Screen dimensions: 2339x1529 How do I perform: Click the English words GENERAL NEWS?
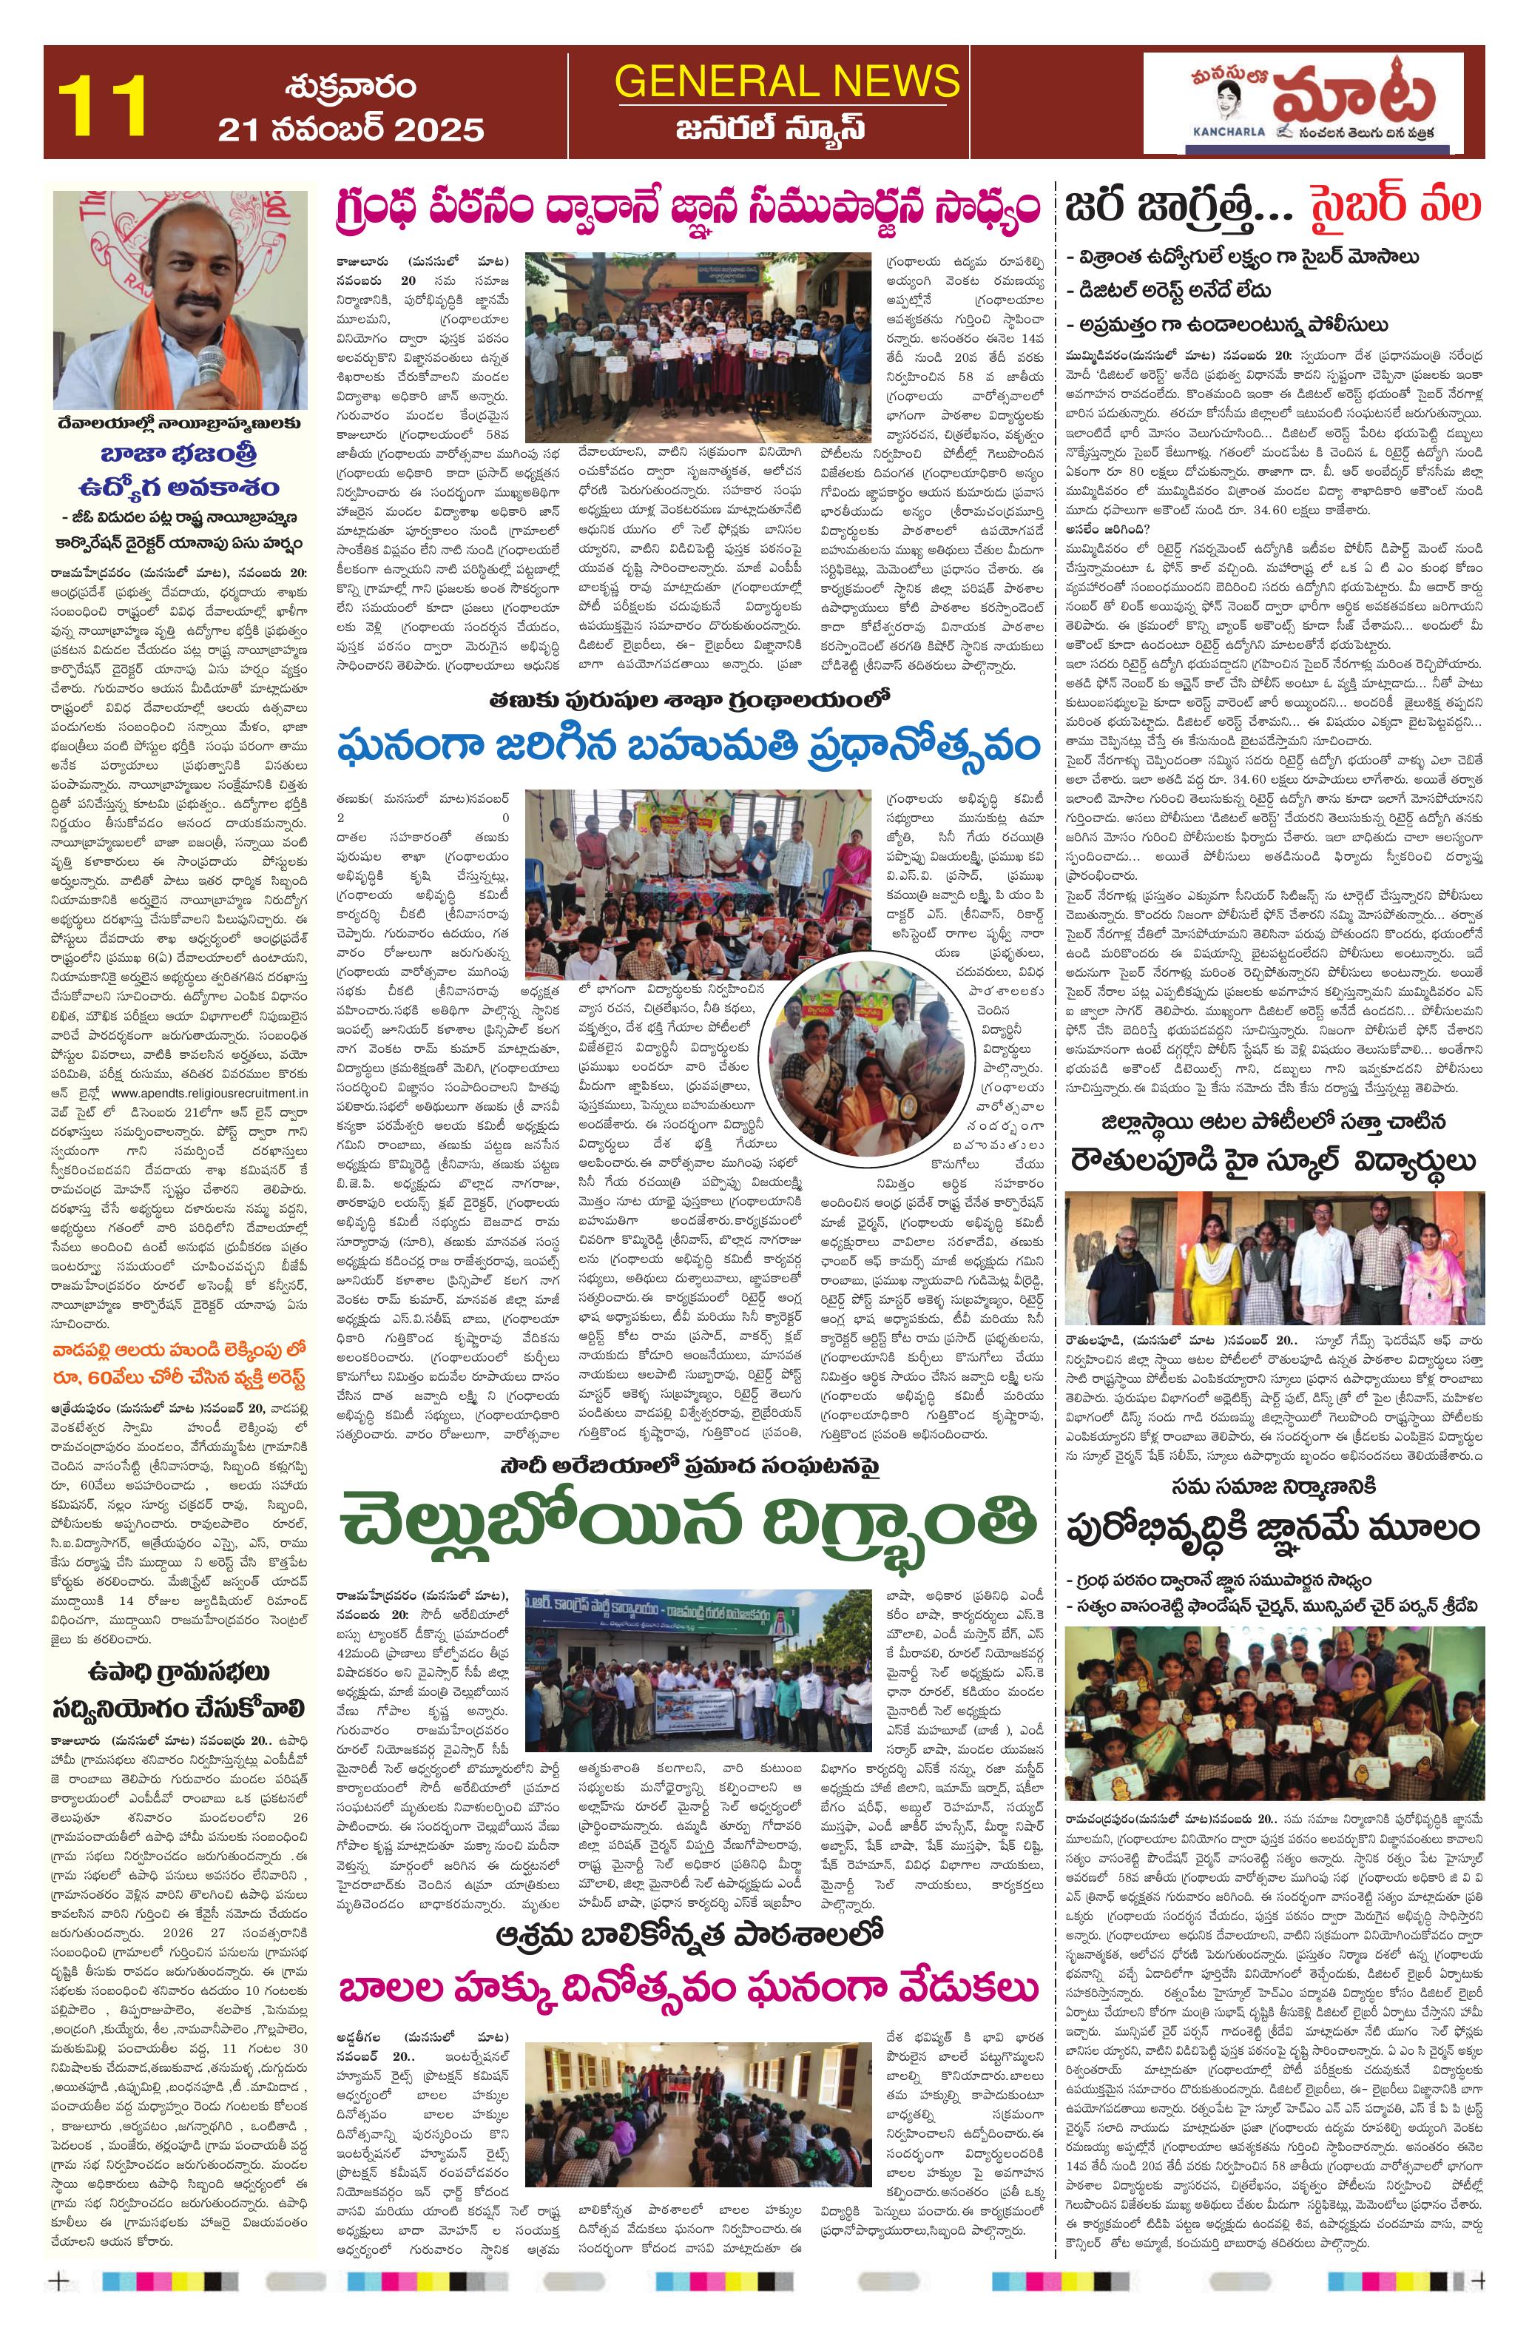[787, 81]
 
